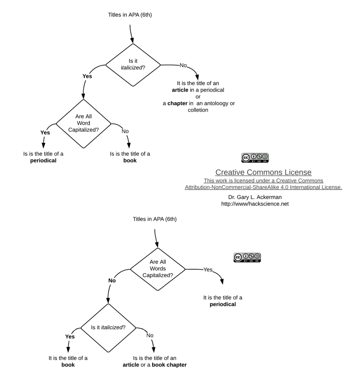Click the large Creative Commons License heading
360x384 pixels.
263,172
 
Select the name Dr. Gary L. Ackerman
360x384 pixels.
255,197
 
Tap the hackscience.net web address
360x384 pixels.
255,204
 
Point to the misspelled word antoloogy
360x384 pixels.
218,103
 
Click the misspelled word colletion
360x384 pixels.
198,110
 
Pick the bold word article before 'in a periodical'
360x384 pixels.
180,90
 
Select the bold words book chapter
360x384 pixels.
169,364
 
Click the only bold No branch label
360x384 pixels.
112,280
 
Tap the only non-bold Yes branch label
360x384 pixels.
208,270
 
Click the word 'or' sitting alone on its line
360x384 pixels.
198,97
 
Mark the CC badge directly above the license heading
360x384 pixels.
255,158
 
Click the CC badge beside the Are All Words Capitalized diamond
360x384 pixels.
247,258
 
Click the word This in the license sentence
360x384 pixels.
210,180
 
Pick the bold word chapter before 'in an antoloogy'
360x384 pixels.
177,103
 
